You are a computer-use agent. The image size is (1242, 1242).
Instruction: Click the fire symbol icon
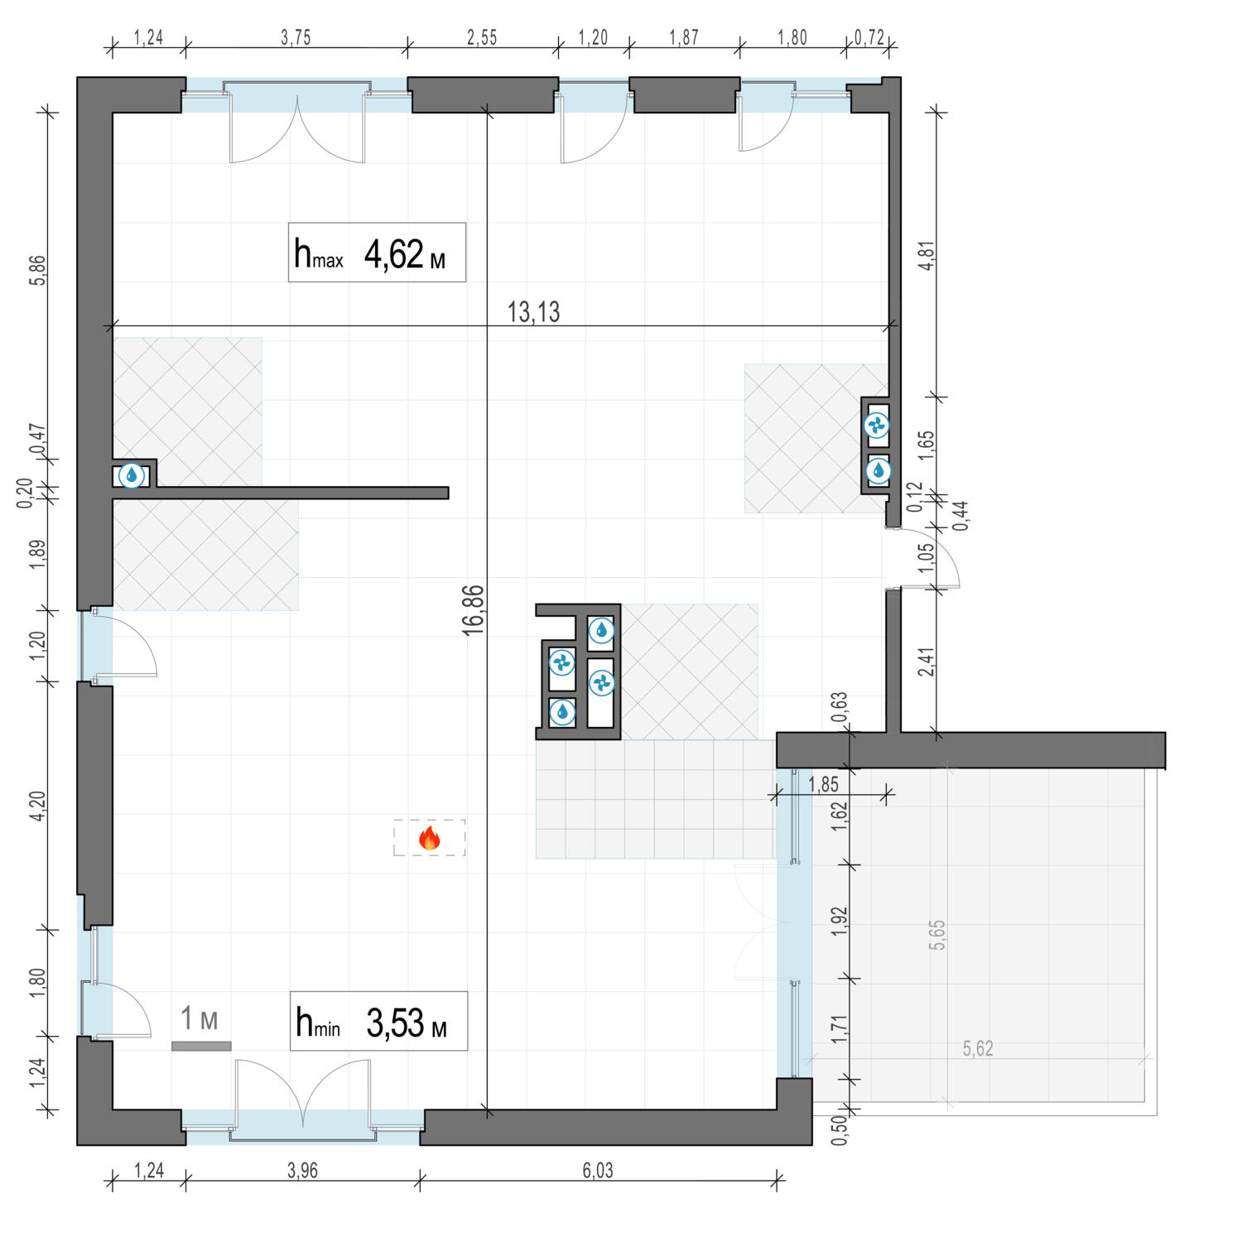pyautogui.click(x=429, y=838)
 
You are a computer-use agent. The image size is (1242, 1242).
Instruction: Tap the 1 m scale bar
pyautogui.click(x=201, y=1046)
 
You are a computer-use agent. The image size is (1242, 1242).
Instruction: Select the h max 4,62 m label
pyautogui.click(x=377, y=253)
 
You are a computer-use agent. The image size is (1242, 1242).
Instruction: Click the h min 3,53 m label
pyautogui.click(x=378, y=1021)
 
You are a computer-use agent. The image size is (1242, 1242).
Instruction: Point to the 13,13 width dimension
pyautogui.click(x=533, y=312)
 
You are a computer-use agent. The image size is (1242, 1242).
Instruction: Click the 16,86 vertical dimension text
pyautogui.click(x=474, y=609)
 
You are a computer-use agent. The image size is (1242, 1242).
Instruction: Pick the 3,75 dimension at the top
pyautogui.click(x=296, y=38)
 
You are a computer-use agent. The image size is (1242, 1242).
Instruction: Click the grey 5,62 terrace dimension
pyautogui.click(x=978, y=1049)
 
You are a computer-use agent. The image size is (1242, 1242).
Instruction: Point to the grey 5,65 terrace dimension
pyautogui.click(x=938, y=934)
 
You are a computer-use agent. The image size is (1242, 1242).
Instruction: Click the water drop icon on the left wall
pyautogui.click(x=131, y=475)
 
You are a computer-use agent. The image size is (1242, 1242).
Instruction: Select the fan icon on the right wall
pyautogui.click(x=876, y=426)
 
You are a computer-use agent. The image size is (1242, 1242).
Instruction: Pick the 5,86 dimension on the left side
pyautogui.click(x=36, y=270)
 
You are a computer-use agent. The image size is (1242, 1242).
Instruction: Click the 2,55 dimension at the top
pyautogui.click(x=481, y=38)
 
